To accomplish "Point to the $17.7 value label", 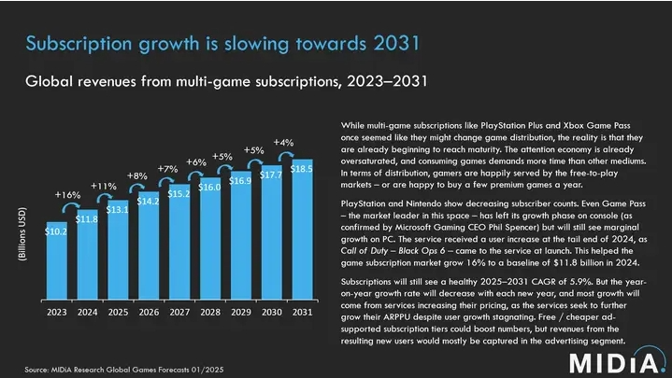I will tap(272, 174).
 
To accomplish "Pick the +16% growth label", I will tap(67, 194).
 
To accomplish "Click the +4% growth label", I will tap(284, 142).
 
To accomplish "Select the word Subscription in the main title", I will tap(79, 43).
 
